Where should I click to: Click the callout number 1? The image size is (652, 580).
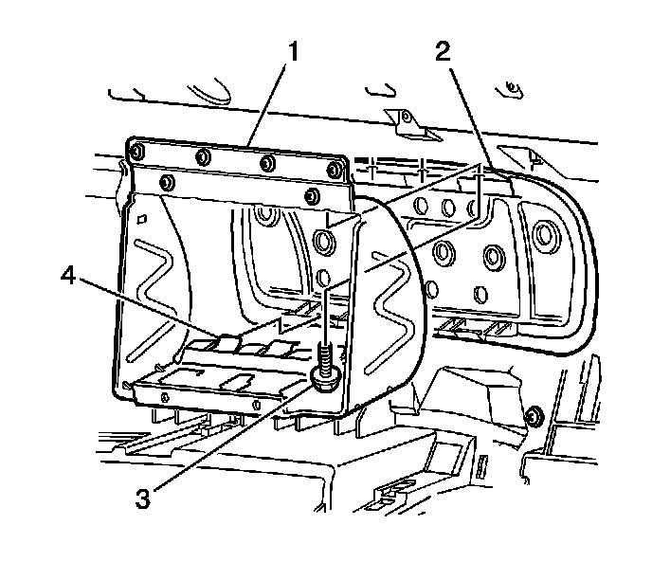[294, 48]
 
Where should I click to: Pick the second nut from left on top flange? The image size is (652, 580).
[201, 156]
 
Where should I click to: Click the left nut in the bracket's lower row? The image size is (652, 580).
[168, 182]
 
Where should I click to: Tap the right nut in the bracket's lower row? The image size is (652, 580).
[312, 196]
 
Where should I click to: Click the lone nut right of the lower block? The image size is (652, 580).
[534, 414]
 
